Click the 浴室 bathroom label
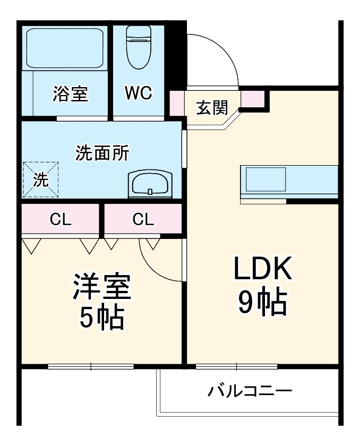(71, 94)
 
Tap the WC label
(139, 93)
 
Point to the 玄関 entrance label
(212, 107)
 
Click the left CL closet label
(61, 219)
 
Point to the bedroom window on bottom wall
(90, 366)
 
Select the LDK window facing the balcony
(236, 366)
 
